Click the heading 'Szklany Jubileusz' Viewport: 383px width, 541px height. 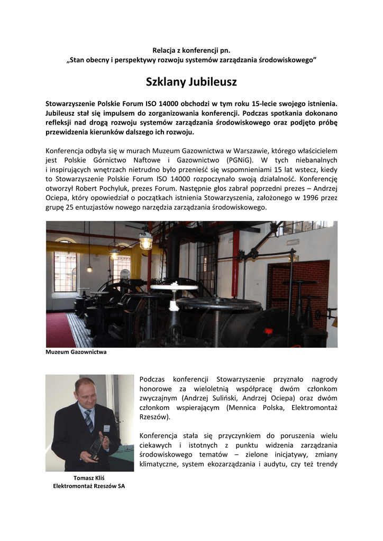coord(191,82)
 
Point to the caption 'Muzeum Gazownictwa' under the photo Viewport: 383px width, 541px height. coord(76,352)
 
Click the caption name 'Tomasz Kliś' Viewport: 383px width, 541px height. coord(88,478)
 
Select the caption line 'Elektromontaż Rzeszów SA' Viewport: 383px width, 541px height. coord(89,486)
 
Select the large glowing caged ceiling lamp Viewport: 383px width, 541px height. coord(145,240)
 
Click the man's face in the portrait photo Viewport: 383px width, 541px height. coord(86,393)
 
